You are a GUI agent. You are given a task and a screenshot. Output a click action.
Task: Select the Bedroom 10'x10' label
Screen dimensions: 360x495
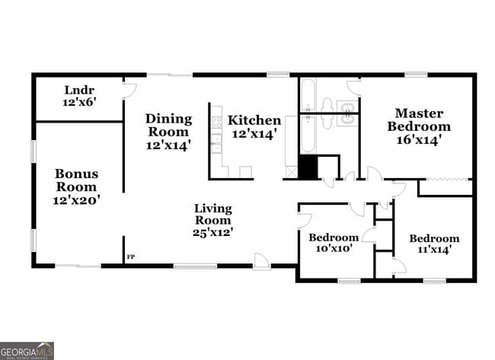pos(333,243)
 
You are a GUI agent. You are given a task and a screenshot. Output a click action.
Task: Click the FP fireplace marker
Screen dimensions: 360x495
pos(130,257)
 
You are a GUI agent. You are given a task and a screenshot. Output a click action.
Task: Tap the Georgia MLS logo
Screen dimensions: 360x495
pos(27,351)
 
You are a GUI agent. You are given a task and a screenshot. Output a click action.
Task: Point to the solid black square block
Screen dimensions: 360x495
pos(307,167)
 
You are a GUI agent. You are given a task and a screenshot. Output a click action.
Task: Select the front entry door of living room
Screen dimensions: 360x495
pos(261,263)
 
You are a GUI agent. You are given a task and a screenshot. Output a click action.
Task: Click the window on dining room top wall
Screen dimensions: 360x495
pos(169,75)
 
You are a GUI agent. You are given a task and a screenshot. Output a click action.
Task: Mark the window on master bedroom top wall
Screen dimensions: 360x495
pos(415,75)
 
